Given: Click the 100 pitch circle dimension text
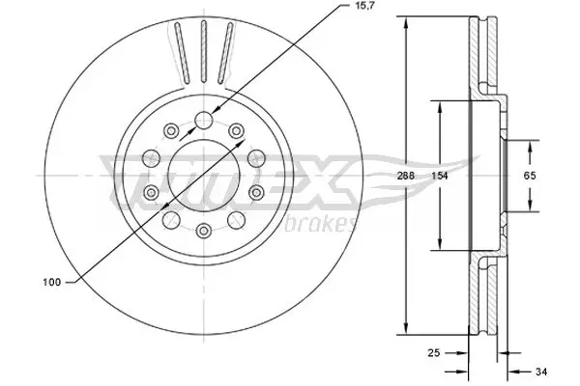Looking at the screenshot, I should coord(52,282).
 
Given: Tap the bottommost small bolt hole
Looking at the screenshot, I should coord(204,230).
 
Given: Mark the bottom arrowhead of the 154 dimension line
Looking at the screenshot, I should coord(441,248).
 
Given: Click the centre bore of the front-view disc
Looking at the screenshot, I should coord(204,176).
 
